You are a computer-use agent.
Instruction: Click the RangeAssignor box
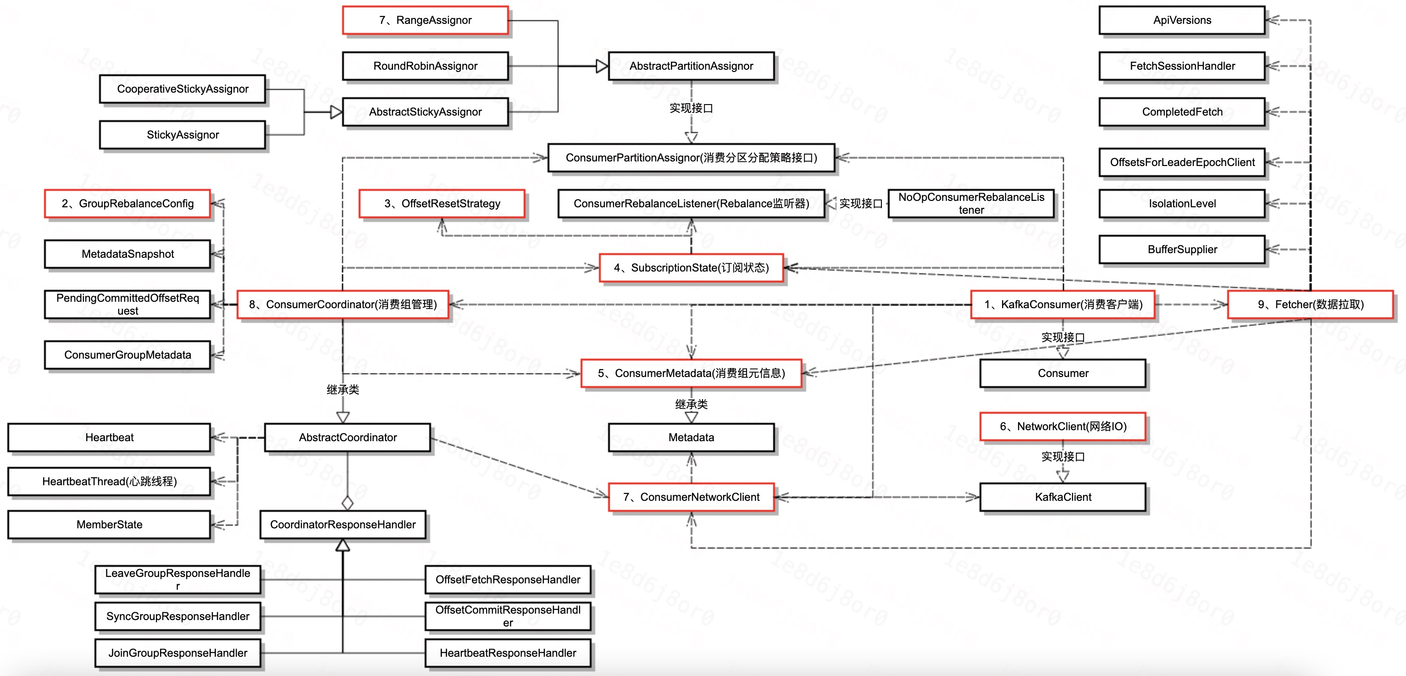tap(425, 20)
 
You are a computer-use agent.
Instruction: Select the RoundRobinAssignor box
tap(425, 66)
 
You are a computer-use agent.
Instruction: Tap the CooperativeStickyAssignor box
tap(183, 89)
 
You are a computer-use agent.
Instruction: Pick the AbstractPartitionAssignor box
tap(691, 66)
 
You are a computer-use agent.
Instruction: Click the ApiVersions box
tap(1182, 20)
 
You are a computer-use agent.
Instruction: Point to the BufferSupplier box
tap(1182, 249)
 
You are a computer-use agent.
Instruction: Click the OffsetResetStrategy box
tap(442, 204)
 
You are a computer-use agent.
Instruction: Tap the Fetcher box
tap(1310, 304)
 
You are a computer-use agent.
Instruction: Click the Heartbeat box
tap(109, 438)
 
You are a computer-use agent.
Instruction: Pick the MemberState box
tap(109, 525)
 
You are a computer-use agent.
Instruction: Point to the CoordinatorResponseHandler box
tap(343, 525)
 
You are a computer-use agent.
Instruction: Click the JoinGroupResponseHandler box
tap(177, 653)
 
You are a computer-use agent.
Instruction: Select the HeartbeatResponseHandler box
tap(508, 653)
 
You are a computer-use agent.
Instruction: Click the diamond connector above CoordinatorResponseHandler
tap(347, 502)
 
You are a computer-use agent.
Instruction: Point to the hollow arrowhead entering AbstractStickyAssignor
tap(336, 112)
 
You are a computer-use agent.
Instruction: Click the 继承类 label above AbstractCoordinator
tap(343, 389)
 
